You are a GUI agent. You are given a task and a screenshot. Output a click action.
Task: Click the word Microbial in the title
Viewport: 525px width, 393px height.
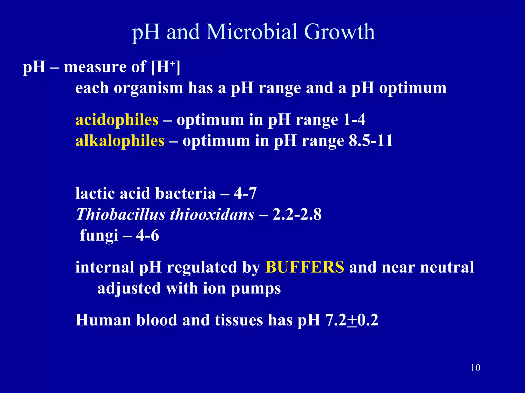tap(252, 32)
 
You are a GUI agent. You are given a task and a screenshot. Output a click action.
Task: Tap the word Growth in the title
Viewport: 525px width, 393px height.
tap(339, 32)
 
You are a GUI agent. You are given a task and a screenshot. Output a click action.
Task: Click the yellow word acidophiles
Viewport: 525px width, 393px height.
tap(117, 120)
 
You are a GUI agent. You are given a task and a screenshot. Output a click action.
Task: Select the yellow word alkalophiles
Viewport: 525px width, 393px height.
tap(120, 141)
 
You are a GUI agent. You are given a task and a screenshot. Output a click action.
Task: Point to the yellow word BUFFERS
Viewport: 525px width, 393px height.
tap(305, 267)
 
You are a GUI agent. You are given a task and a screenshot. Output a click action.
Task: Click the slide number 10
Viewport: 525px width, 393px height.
tap(476, 368)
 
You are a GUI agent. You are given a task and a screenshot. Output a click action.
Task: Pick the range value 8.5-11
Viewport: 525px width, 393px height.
tap(371, 141)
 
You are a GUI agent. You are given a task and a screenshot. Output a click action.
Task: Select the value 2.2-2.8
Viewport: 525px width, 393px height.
tap(297, 214)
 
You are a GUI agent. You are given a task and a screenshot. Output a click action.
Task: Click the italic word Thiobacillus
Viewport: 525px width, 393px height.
tap(121, 214)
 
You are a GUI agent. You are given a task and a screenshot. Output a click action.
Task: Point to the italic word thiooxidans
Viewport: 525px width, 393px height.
tap(212, 214)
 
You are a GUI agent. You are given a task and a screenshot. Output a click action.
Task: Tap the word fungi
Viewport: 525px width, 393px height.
tap(99, 235)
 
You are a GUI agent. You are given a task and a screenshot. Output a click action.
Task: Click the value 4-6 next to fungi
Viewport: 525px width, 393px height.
tap(147, 235)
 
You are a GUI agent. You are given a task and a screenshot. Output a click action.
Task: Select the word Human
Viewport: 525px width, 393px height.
tap(103, 320)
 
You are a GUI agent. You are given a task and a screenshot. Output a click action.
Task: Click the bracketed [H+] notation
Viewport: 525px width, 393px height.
tap(166, 67)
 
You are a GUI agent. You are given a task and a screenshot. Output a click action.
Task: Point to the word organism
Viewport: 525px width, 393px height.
tap(148, 88)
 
